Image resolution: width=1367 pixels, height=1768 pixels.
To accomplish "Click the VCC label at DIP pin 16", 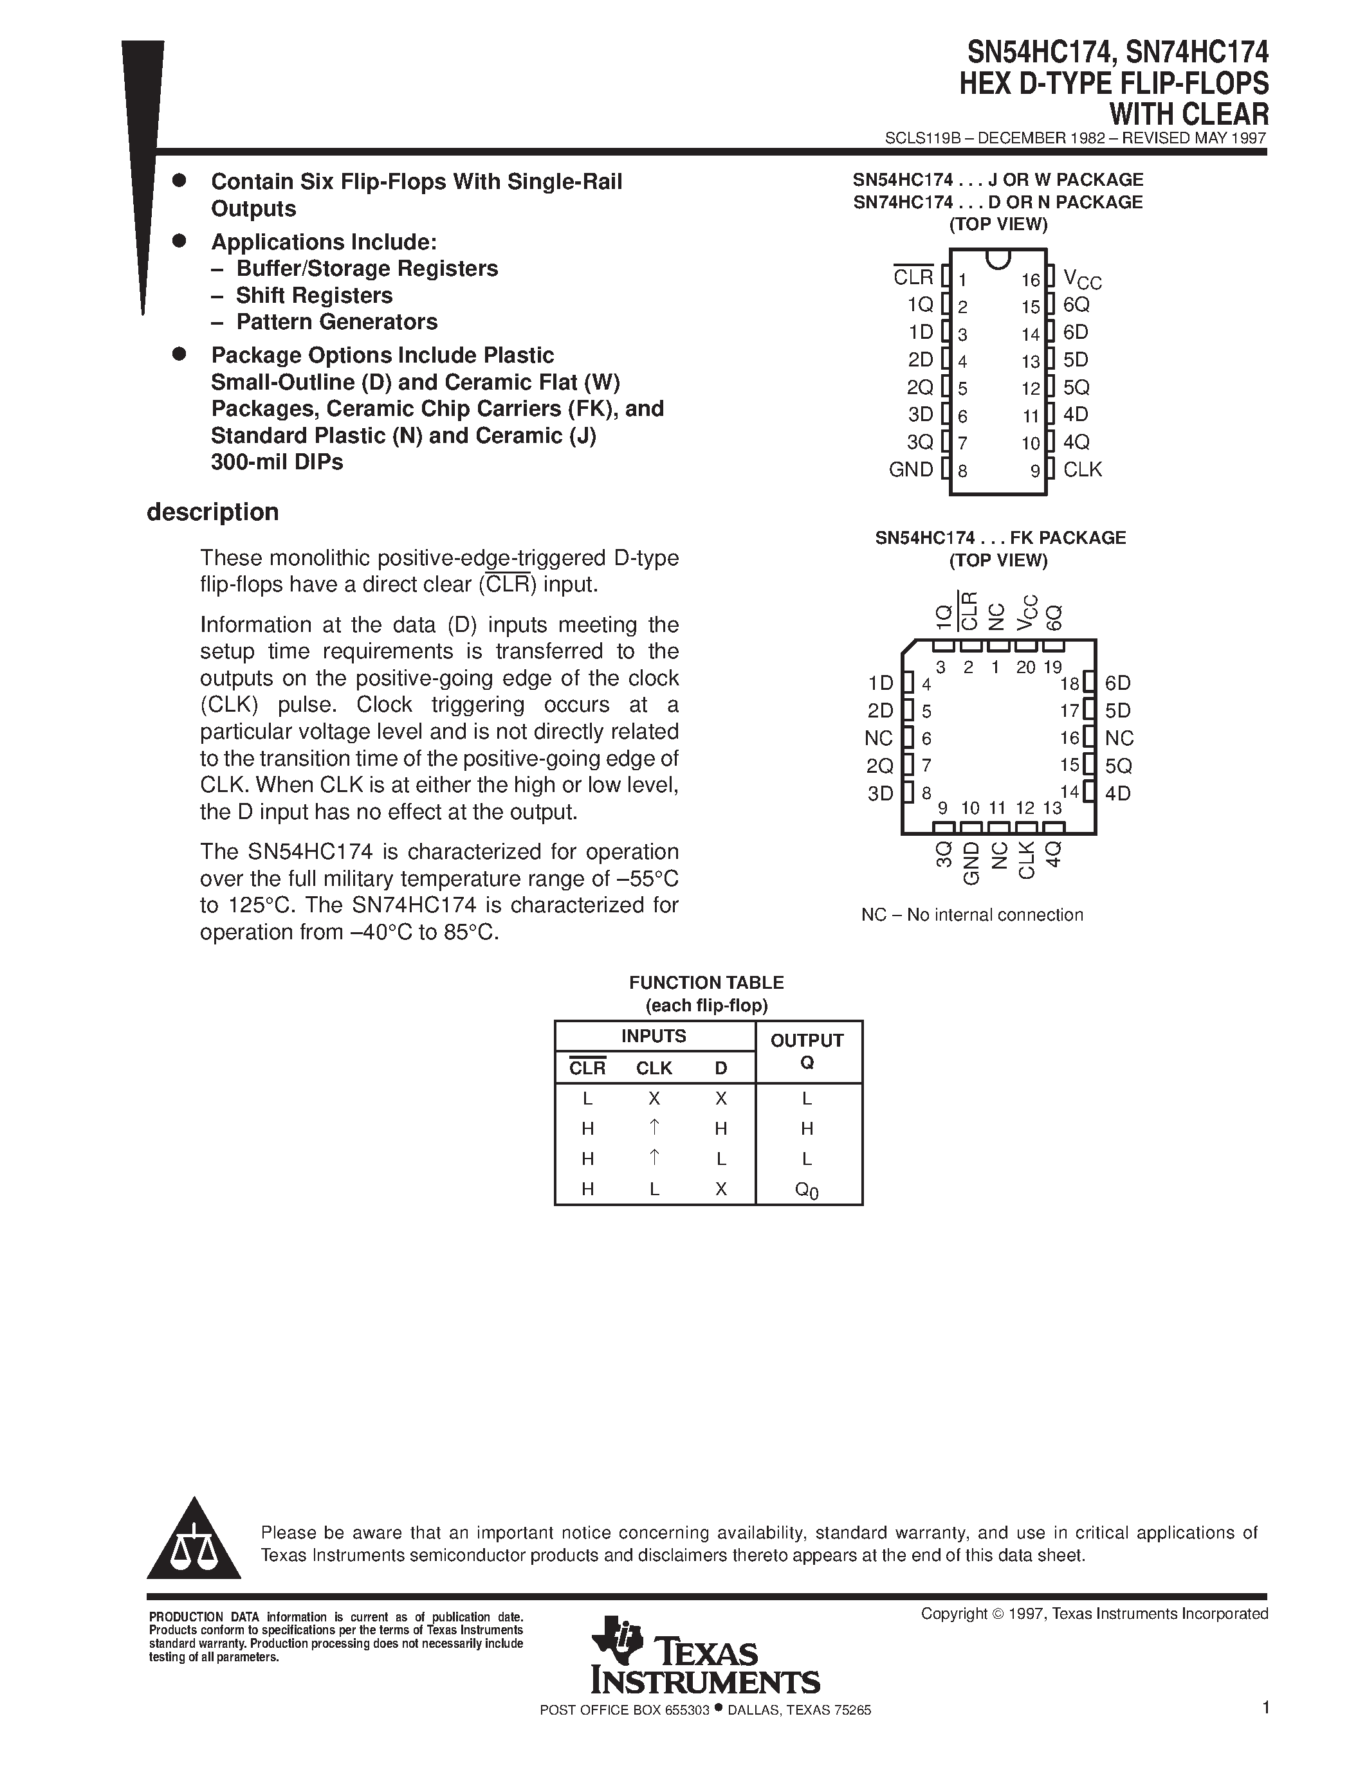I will pyautogui.click(x=1082, y=280).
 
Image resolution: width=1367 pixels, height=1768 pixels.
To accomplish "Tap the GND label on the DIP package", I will pyautogui.click(x=911, y=469).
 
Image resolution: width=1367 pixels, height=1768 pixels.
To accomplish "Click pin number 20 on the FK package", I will pyautogui.click(x=1025, y=668).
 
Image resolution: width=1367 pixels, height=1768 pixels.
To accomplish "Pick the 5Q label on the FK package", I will pyautogui.click(x=1119, y=766).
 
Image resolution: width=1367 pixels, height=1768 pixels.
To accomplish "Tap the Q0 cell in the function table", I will pyautogui.click(x=807, y=1190).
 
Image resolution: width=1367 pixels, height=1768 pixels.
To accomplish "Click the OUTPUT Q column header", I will pyautogui.click(x=807, y=1051).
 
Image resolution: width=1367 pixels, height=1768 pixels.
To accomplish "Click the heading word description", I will pyautogui.click(x=213, y=512).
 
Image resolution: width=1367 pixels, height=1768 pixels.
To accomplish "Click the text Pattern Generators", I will pyautogui.click(x=336, y=322).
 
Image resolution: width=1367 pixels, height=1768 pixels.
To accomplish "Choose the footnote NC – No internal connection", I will pyautogui.click(x=972, y=915).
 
